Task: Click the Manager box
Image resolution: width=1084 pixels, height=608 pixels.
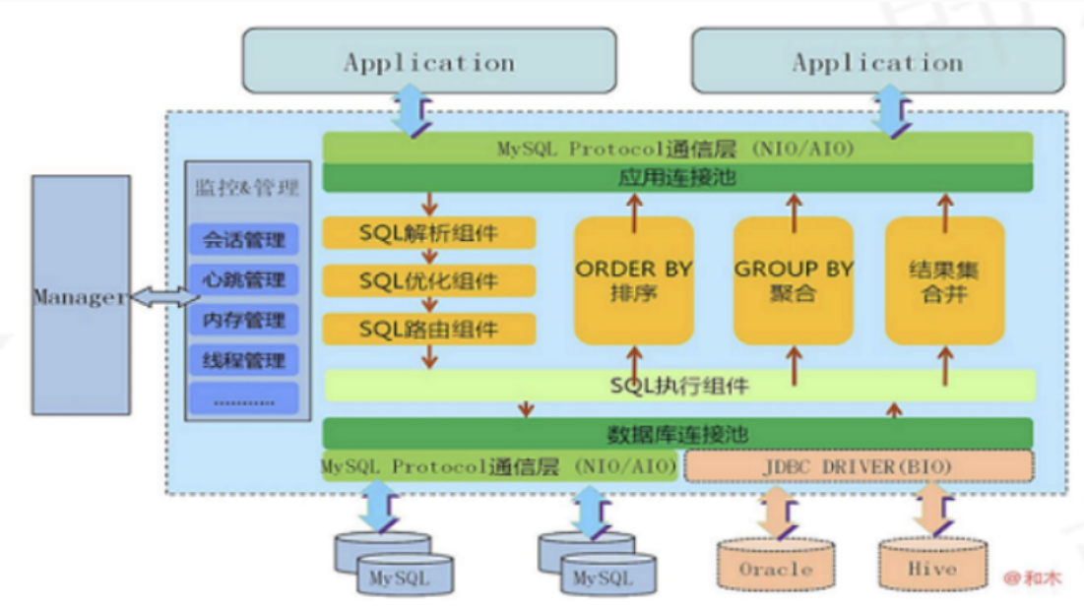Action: pos(81,295)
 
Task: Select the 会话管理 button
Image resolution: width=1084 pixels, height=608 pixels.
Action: pos(243,239)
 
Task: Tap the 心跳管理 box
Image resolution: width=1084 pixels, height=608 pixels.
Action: pos(243,279)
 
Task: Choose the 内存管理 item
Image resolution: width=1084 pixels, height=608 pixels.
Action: pos(243,320)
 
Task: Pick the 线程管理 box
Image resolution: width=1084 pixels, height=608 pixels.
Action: pos(243,359)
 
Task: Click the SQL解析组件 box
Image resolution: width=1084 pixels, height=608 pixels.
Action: pos(429,233)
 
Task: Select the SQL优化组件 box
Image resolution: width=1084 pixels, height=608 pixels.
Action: pos(429,280)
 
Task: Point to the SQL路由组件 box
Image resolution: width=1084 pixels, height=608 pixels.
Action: pos(429,329)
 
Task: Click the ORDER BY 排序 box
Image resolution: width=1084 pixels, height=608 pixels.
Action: pos(634,280)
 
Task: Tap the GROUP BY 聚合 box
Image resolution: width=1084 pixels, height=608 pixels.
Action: pos(794,280)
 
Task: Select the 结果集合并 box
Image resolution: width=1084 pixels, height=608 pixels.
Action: pos(945,280)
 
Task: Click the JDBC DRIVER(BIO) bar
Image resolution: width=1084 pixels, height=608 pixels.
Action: pos(859,465)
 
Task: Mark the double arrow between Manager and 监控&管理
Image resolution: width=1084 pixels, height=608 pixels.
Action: pos(158,297)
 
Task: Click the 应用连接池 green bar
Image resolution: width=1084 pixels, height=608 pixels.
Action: pos(677,178)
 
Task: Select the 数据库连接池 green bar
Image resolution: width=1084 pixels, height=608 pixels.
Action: pos(677,433)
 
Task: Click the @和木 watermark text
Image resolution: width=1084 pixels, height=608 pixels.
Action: pos(1033,578)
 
